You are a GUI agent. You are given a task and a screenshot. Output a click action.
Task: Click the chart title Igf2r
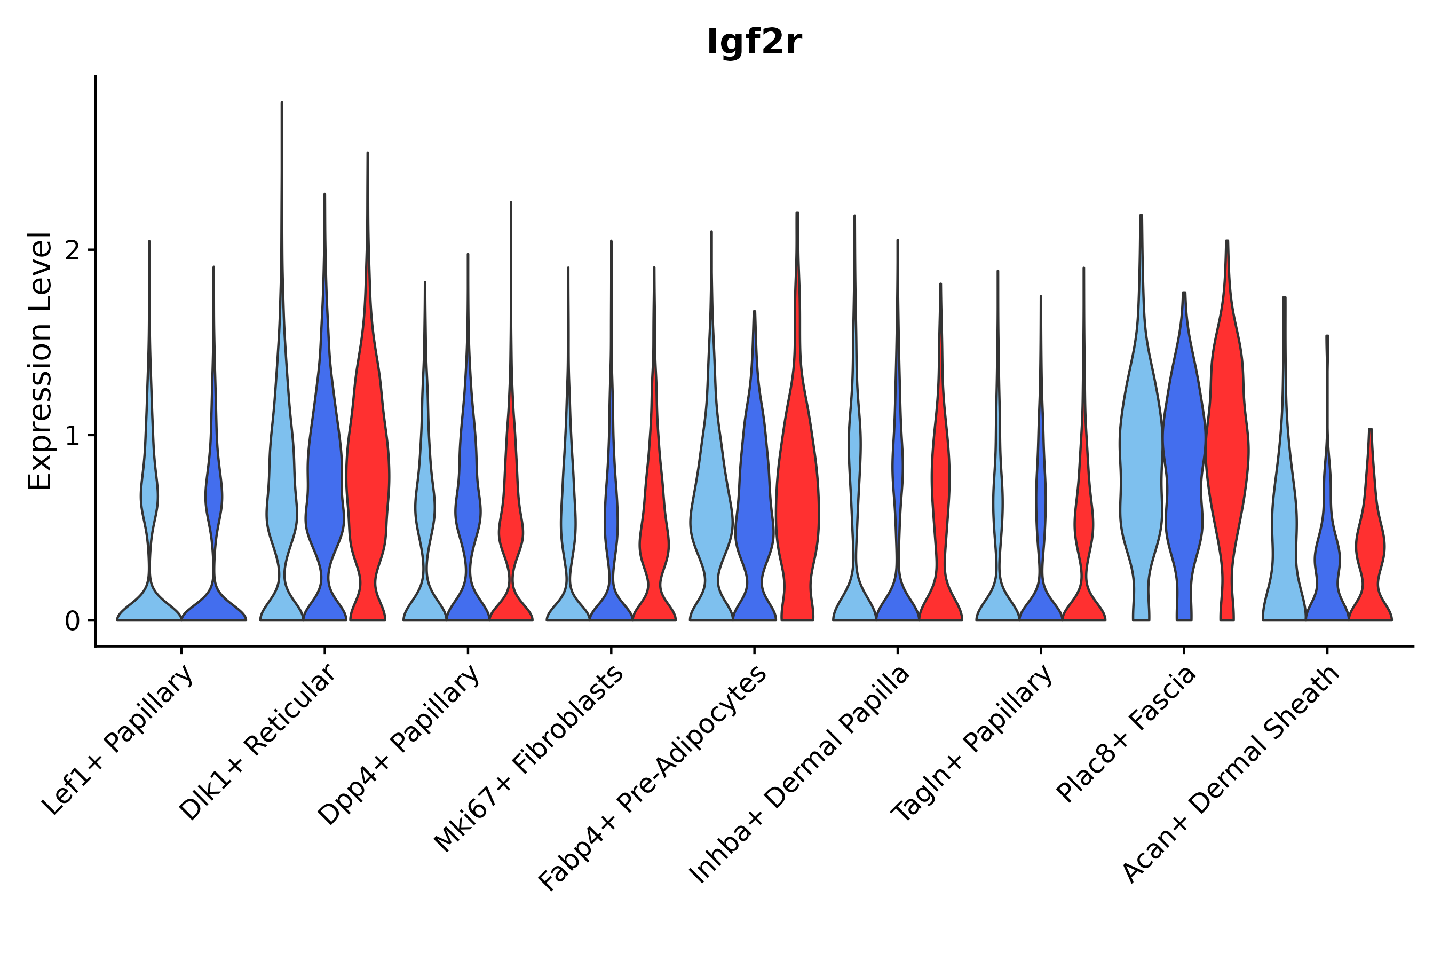coord(754,43)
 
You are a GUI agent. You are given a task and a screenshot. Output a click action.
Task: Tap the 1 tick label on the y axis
coord(72,436)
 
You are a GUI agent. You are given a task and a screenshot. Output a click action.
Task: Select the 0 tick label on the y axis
coord(72,621)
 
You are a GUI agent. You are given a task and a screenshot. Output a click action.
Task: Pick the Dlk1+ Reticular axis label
coord(257,742)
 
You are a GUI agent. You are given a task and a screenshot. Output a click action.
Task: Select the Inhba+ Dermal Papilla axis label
coord(799,775)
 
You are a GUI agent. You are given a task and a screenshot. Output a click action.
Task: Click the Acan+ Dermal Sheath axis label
coord(1231,774)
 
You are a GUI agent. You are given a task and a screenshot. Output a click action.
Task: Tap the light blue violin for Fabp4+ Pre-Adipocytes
coord(711,521)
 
